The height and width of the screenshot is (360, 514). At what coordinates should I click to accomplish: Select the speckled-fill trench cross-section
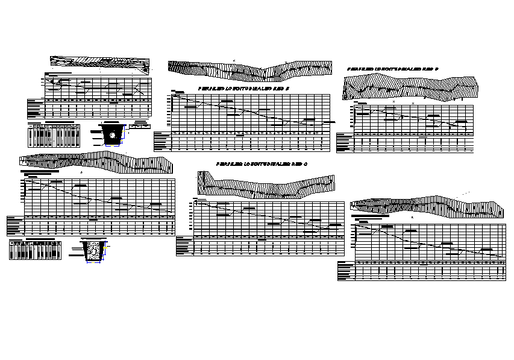coord(95,250)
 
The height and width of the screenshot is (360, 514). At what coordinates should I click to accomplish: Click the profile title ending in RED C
coord(262,164)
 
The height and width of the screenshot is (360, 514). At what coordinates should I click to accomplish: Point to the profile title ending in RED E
coord(244,89)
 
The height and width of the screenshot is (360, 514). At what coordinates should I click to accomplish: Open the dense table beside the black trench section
coord(54,135)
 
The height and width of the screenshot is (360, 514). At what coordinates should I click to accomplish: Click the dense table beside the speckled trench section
coord(36,250)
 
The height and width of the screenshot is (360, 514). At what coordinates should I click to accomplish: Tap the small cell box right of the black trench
coord(139,127)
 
